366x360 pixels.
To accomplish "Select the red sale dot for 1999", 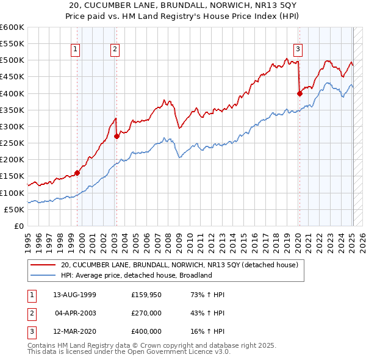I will pyautogui.click(x=77, y=173).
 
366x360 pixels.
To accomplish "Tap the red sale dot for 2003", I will pyautogui.click(x=117, y=137).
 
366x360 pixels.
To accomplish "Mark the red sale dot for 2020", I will pyautogui.click(x=300, y=93).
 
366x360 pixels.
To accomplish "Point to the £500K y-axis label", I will pyautogui.click(x=12, y=60).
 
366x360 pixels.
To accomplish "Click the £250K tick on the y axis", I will pyautogui.click(x=12, y=143).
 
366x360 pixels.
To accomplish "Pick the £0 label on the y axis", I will pyautogui.click(x=19, y=226).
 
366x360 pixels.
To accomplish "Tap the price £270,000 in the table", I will pyautogui.click(x=146, y=313).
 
